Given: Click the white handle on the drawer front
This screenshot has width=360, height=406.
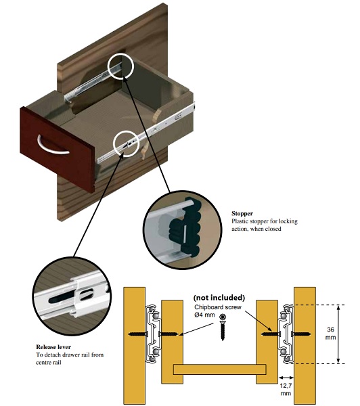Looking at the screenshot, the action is [52, 150].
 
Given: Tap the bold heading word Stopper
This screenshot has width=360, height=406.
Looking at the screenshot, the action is [242, 214].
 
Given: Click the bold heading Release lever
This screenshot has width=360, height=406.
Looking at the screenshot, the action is [53, 347].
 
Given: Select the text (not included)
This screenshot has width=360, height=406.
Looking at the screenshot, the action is [219, 298].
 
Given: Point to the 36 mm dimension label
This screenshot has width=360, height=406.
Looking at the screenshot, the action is [330, 334].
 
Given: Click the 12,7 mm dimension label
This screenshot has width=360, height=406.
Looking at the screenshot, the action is [286, 390].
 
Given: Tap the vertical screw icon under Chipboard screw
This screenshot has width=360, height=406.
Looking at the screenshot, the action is [222, 327].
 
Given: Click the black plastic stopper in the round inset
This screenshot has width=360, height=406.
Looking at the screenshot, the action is [185, 229].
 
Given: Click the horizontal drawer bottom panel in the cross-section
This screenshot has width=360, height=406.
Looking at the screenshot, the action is [220, 369].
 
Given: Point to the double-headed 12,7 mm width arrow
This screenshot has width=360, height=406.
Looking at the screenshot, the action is [286, 378].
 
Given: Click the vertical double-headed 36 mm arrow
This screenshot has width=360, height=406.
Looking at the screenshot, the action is [338, 334].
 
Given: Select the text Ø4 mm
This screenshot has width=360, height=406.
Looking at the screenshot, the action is [204, 315].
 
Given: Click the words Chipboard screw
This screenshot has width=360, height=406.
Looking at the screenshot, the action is [218, 307].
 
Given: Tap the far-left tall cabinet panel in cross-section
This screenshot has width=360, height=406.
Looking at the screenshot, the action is [134, 346].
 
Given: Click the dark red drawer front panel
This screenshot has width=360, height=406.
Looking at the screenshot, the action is [58, 150].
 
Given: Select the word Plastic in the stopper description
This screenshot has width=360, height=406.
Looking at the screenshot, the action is [240, 221].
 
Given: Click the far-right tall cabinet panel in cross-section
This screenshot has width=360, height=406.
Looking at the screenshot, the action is [305, 346].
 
